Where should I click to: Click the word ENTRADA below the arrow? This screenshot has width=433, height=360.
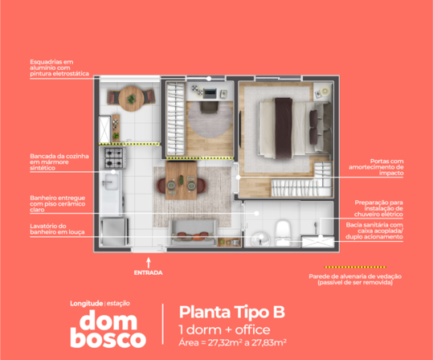pyautogui.click(x=149, y=272)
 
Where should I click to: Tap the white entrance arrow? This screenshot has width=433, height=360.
pyautogui.click(x=149, y=263)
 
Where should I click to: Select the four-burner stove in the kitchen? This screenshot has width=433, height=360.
pyautogui.click(x=114, y=158)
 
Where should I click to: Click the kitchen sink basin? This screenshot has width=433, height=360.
pyautogui.click(x=111, y=182)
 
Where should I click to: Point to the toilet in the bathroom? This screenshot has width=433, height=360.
pyautogui.click(x=284, y=232)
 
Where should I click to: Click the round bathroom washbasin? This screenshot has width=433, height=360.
pyautogui.click(x=260, y=239)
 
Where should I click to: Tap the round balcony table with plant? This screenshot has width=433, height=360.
pyautogui.click(x=131, y=99)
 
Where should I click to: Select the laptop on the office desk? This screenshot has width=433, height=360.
pyautogui.click(x=210, y=93)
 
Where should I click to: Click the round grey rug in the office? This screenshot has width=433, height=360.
pyautogui.click(x=210, y=119)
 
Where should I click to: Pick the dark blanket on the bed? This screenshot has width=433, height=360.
pyautogui.click(x=284, y=129)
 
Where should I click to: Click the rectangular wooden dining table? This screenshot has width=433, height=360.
pyautogui.click(x=182, y=180)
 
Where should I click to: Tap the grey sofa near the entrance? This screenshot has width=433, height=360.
pyautogui.click(x=194, y=232)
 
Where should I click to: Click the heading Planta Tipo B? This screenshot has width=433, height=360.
pyautogui.click(x=232, y=312)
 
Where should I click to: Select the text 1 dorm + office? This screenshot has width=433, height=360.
pyautogui.click(x=224, y=330)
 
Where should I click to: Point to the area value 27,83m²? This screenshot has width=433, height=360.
pyautogui.click(x=268, y=342)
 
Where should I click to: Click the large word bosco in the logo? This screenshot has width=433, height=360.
pyautogui.click(x=108, y=339)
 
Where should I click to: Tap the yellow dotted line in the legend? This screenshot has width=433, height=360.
pyautogui.click(x=355, y=267)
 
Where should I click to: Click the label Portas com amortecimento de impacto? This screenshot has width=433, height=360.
pyautogui.click(x=376, y=167)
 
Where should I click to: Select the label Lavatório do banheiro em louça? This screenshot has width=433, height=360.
pyautogui.click(x=57, y=229)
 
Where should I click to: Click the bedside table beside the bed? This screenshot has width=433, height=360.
pyautogui.click(x=323, y=92)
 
